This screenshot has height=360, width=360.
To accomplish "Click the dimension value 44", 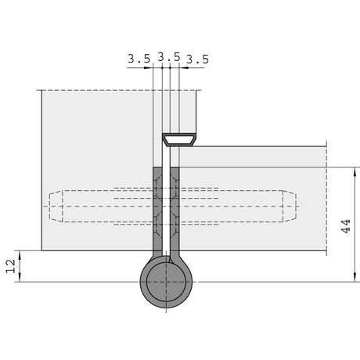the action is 346,226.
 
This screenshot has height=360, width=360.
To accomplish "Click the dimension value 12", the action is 11,266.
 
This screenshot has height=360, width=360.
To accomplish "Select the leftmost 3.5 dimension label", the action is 139,59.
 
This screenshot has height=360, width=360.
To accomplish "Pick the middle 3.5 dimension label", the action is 169,57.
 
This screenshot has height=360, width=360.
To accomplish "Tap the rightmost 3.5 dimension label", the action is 197,59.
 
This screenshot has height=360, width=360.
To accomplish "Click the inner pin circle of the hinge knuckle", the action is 166,282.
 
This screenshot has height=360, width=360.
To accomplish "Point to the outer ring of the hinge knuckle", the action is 143,282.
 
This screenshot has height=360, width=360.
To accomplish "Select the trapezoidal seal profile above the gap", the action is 179,139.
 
